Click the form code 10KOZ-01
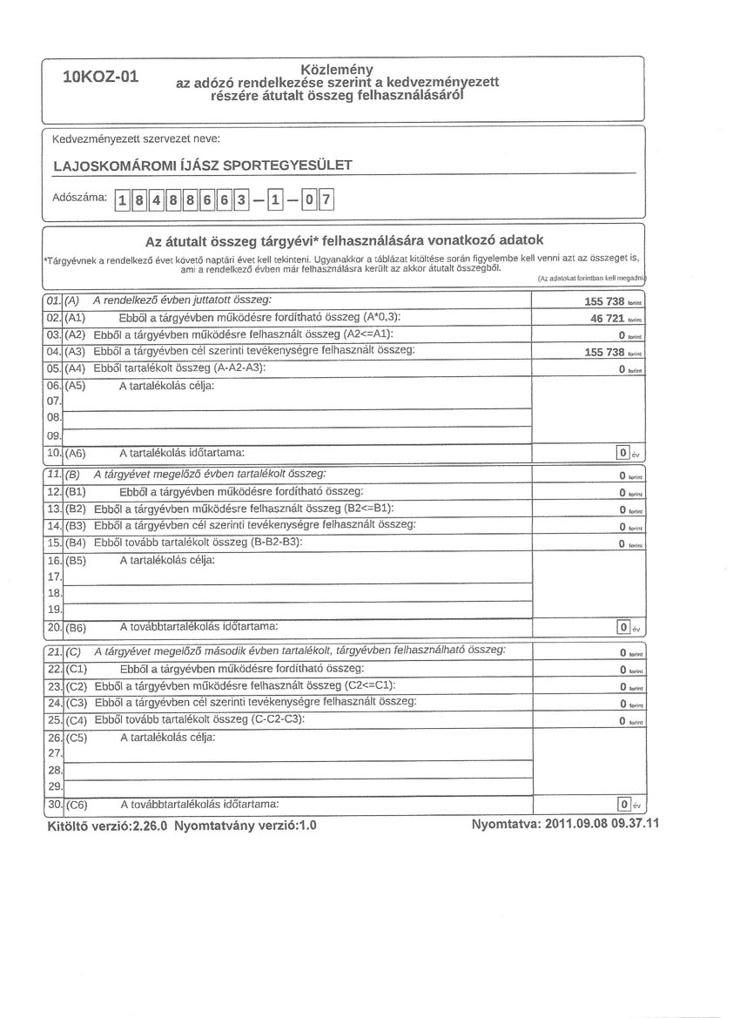point(101,76)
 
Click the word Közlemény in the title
point(337,69)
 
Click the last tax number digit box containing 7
point(327,201)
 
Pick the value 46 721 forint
point(609,318)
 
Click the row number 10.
point(52,453)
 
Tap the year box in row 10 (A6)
point(622,453)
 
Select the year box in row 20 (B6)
point(622,627)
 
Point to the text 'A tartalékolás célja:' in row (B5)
point(167,560)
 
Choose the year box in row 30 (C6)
point(622,804)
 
